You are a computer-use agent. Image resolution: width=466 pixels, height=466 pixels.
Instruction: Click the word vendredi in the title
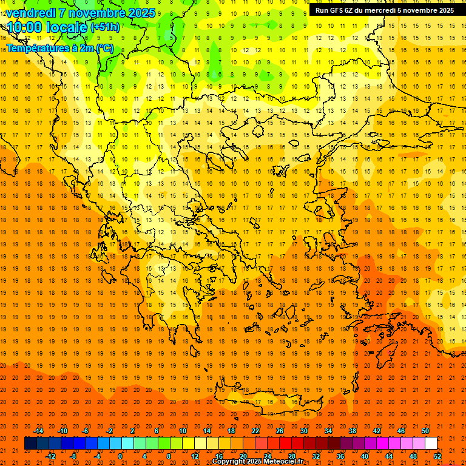click(32, 12)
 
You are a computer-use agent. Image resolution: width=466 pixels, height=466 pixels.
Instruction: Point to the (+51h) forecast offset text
click(105, 27)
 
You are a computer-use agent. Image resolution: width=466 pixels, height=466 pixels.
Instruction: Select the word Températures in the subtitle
click(34, 48)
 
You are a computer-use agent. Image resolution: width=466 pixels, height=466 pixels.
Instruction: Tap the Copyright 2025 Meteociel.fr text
click(257, 461)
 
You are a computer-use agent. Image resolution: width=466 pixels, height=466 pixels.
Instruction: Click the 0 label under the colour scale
click(120, 456)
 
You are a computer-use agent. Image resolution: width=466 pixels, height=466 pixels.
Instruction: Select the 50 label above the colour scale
click(425, 431)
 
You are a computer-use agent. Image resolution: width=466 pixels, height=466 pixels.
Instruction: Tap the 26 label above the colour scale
click(280, 431)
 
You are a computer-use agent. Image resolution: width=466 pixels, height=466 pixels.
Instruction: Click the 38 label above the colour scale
click(353, 431)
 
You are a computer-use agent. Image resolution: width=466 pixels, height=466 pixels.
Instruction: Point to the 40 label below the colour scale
click(365, 456)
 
